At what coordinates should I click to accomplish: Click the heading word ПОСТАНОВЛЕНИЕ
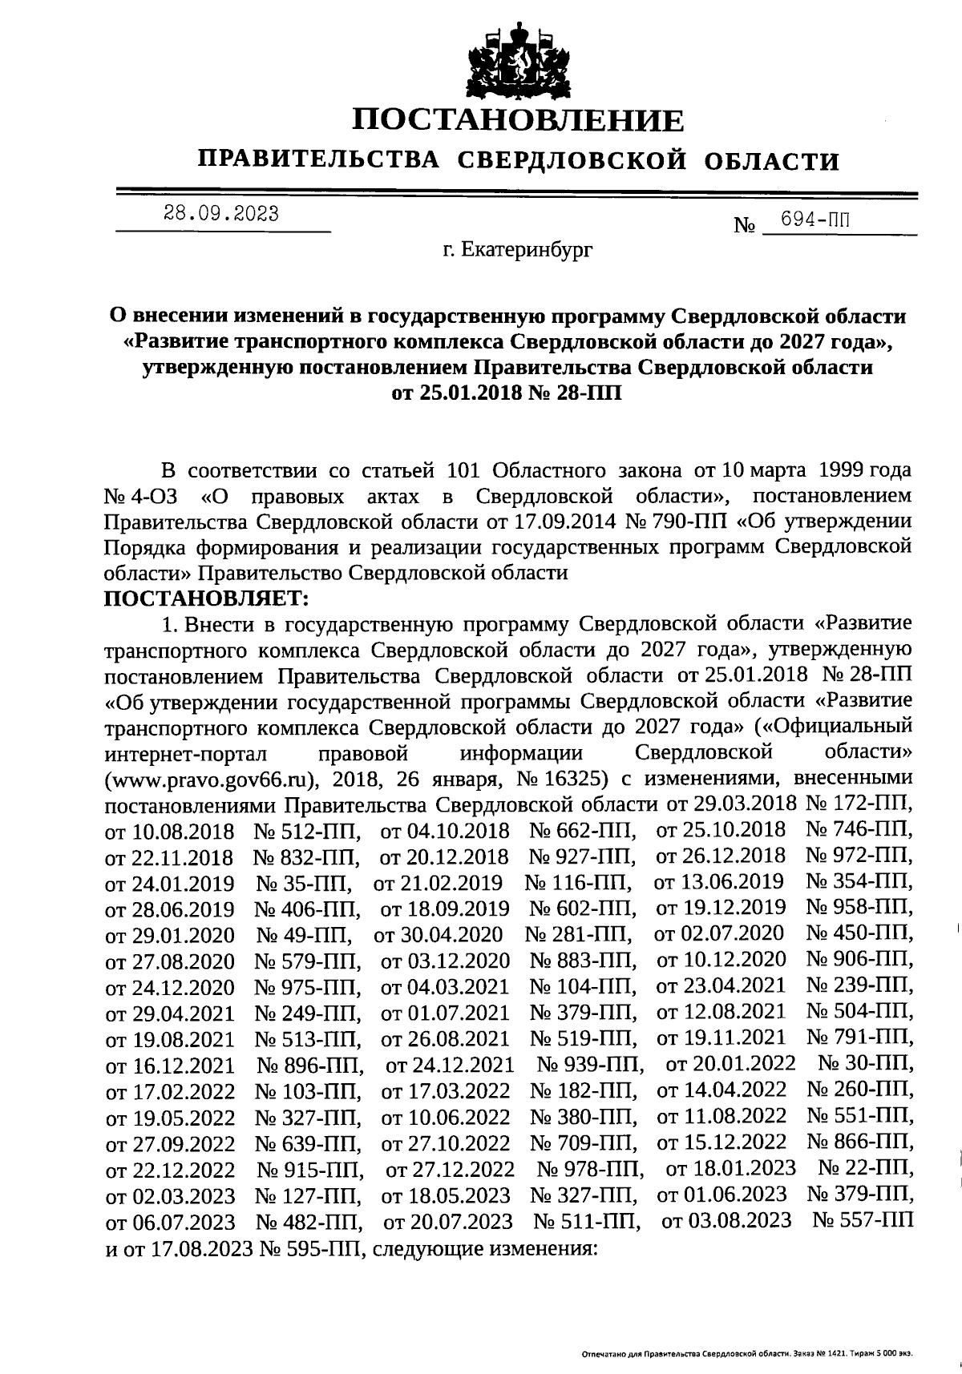coord(519,120)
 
